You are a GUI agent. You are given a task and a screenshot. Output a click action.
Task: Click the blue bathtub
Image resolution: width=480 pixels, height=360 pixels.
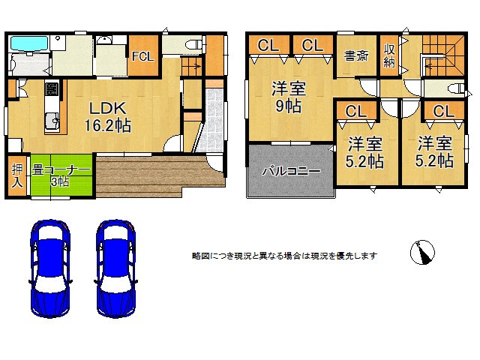click(x=29, y=43)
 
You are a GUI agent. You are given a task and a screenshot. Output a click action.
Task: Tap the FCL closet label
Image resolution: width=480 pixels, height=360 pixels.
click(x=143, y=57)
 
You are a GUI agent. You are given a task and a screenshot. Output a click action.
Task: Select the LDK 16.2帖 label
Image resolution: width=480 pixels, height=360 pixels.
click(x=107, y=117)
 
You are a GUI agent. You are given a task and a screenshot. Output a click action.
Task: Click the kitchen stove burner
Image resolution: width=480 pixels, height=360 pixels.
click(x=52, y=88)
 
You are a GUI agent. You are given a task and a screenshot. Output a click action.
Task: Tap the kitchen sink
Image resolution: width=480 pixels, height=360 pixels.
click(x=52, y=121)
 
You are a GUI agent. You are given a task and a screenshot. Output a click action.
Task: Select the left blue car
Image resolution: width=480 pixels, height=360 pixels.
click(x=50, y=268)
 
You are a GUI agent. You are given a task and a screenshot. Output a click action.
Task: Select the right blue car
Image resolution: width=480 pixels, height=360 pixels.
click(x=116, y=268)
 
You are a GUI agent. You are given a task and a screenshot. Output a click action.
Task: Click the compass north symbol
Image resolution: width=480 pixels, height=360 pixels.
click(x=422, y=252)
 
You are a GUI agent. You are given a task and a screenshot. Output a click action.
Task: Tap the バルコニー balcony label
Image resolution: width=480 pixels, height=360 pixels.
click(x=291, y=171)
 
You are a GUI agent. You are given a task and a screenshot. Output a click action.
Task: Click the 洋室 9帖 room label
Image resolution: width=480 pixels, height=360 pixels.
click(x=288, y=97)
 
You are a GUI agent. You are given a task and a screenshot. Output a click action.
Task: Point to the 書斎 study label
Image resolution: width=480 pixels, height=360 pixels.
click(x=356, y=56)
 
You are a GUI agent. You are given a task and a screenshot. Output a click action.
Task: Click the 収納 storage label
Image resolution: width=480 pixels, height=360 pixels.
click(x=389, y=55)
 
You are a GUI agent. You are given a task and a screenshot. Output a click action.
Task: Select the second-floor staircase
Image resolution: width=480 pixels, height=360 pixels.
click(x=443, y=55)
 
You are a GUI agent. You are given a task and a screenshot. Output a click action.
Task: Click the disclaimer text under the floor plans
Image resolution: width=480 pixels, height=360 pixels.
click(x=284, y=256)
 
